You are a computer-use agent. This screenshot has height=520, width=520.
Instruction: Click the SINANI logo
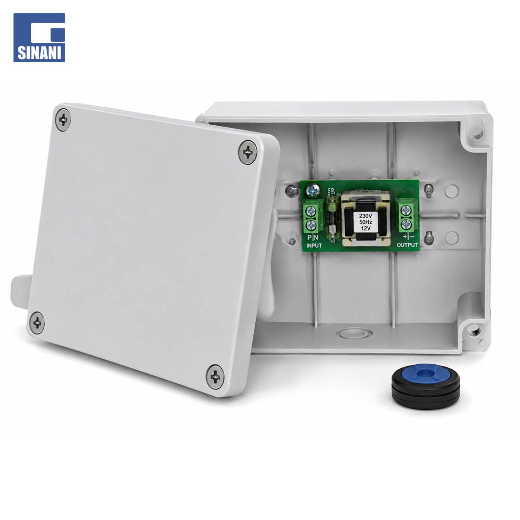(39, 38)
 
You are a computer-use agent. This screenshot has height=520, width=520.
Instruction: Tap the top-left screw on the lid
(63, 120)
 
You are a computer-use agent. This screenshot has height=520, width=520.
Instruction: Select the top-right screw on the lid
(248, 152)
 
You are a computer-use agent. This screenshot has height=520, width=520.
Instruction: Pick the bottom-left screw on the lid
(37, 322)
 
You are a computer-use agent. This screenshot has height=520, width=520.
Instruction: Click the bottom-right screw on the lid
(215, 377)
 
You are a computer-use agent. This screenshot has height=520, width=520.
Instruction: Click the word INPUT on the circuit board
(314, 246)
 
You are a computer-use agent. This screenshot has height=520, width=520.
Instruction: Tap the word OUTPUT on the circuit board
(407, 245)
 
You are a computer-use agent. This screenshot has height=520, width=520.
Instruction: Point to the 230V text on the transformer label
(365, 216)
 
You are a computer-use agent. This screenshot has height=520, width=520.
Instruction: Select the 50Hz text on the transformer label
(365, 222)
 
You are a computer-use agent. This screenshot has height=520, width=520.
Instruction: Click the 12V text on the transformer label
(365, 228)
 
